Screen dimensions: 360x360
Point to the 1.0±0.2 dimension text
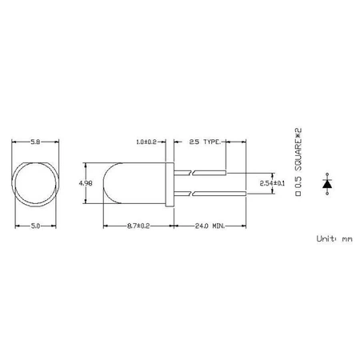[x=148, y=142]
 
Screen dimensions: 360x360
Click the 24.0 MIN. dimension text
[x=210, y=227]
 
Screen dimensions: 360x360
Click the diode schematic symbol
[x=326, y=183]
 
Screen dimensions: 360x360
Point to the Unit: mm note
[x=334, y=238]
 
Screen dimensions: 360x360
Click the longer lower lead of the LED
[x=216, y=194]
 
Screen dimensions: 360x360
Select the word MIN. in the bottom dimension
[x=218, y=227]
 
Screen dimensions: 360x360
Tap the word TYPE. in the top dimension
[x=212, y=142]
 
